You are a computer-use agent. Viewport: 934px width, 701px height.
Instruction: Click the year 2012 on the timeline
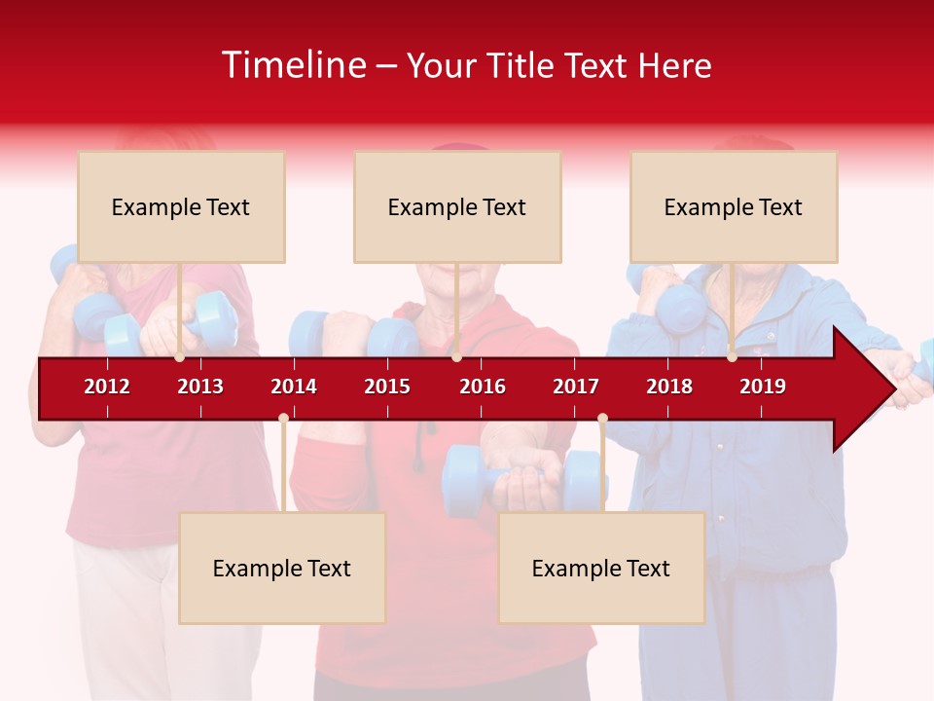coord(107,387)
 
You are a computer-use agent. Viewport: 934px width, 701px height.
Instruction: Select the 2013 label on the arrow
coord(200,387)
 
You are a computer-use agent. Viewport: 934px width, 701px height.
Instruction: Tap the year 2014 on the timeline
coord(294,387)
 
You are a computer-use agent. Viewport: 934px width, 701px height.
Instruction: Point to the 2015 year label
coord(387,387)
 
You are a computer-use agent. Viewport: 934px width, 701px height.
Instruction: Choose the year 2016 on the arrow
coord(483,387)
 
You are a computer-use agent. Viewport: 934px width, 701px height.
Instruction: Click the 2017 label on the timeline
coord(576,387)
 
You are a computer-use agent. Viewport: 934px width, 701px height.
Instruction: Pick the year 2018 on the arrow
coord(669,387)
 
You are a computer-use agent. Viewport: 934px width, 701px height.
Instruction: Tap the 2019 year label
coord(763,387)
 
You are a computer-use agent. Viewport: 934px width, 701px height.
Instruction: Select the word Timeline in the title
coord(293,65)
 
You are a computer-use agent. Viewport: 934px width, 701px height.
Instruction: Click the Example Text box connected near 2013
coord(181,206)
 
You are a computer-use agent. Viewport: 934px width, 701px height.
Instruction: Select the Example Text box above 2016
coord(457,206)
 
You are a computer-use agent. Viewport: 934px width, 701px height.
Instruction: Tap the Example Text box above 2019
coord(734,206)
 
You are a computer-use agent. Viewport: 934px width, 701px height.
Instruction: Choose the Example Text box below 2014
coord(282,568)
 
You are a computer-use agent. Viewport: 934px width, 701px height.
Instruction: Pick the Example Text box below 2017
coord(601,568)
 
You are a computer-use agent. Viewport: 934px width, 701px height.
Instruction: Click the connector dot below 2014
coord(283,418)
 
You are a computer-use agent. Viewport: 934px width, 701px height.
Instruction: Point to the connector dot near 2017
coord(602,418)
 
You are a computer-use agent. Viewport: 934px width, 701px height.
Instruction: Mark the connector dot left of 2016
coord(456,357)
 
